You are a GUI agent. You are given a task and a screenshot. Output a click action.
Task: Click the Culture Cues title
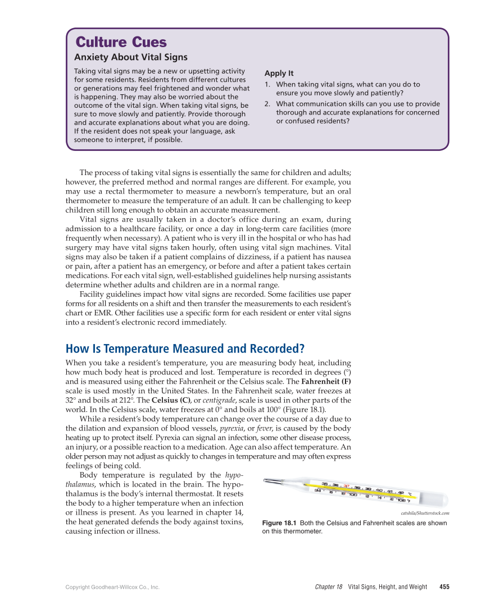[x=121, y=43]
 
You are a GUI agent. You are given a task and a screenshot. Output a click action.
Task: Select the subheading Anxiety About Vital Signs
[x=131, y=57]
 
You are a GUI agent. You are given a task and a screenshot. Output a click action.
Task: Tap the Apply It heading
[x=279, y=74]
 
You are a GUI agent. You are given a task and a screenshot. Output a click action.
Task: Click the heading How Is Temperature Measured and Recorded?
[x=185, y=348]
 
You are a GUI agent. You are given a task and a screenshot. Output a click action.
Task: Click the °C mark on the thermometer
[x=410, y=494]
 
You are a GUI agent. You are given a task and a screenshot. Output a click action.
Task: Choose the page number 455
[x=444, y=587]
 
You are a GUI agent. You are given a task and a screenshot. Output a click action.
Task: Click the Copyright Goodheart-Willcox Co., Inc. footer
[x=112, y=587]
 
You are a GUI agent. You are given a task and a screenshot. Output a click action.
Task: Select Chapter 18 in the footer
[x=329, y=587]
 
